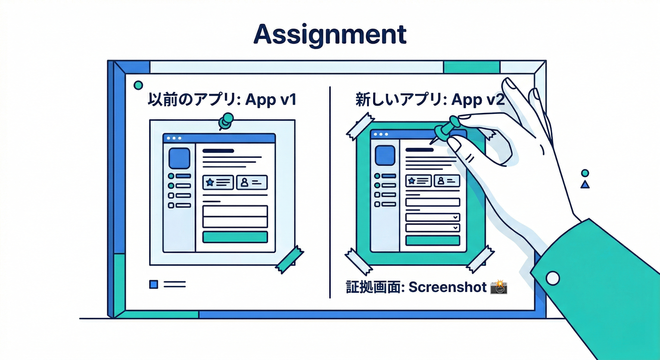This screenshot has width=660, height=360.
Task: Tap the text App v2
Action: pos(478,100)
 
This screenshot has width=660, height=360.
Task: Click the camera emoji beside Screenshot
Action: pos(499,287)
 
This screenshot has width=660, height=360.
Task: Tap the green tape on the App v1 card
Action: pos(289,259)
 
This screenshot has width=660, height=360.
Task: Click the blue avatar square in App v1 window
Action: pos(179,158)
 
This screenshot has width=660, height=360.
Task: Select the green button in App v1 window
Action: pos(235,237)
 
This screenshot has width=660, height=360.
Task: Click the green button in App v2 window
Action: pos(432,240)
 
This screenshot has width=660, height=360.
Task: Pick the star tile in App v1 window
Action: pos(218,182)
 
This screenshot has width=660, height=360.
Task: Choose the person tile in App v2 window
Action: pos(447,180)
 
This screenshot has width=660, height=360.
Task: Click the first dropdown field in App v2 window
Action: pos(432,217)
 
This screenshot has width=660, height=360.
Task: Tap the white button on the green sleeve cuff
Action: pos(553,278)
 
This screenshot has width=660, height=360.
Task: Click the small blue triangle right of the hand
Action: pos(585,185)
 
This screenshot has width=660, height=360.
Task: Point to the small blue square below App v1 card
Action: pos(153,284)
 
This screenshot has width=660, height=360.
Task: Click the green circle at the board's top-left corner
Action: pos(138,85)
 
